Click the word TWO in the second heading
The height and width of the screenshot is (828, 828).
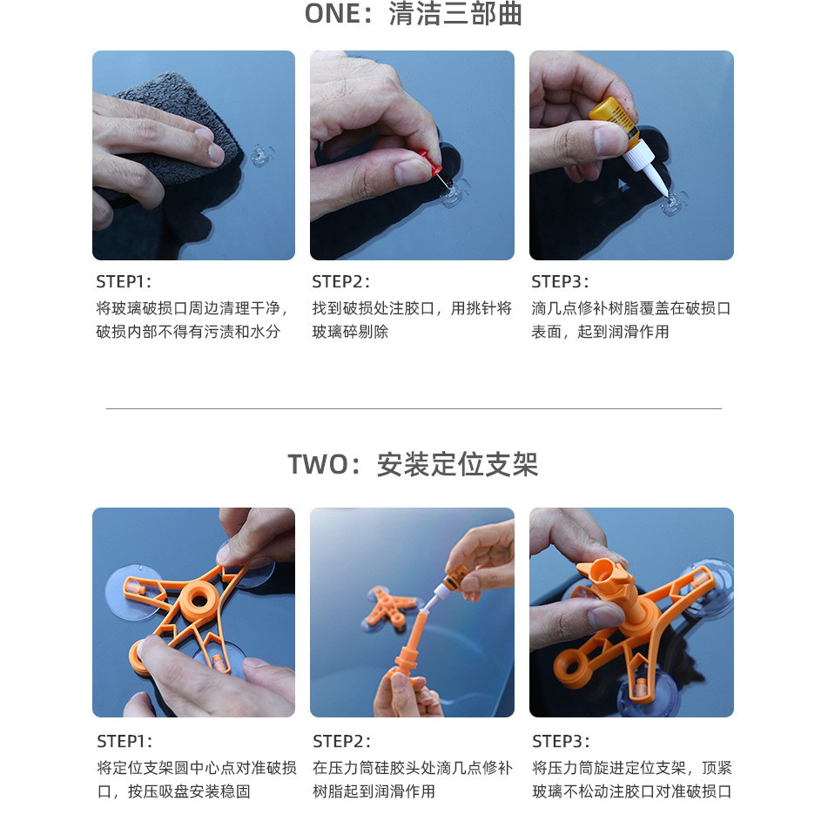pos(318,465)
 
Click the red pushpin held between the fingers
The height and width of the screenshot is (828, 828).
pos(432,162)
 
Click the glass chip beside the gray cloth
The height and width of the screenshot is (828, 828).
pos(261,154)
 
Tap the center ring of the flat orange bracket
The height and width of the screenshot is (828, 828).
pos(199,598)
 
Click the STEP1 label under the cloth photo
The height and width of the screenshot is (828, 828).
pos(124,281)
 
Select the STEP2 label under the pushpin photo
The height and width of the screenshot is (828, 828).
pos(340,281)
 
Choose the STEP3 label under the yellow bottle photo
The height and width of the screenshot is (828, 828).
pos(560,281)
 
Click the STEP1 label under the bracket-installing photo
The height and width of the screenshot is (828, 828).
pos(125,742)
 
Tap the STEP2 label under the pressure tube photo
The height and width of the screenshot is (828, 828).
pos(341,742)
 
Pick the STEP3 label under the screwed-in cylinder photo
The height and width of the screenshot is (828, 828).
pos(561,742)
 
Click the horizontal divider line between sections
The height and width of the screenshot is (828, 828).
pos(414,408)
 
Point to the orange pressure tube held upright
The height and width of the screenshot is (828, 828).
pos(407,650)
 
